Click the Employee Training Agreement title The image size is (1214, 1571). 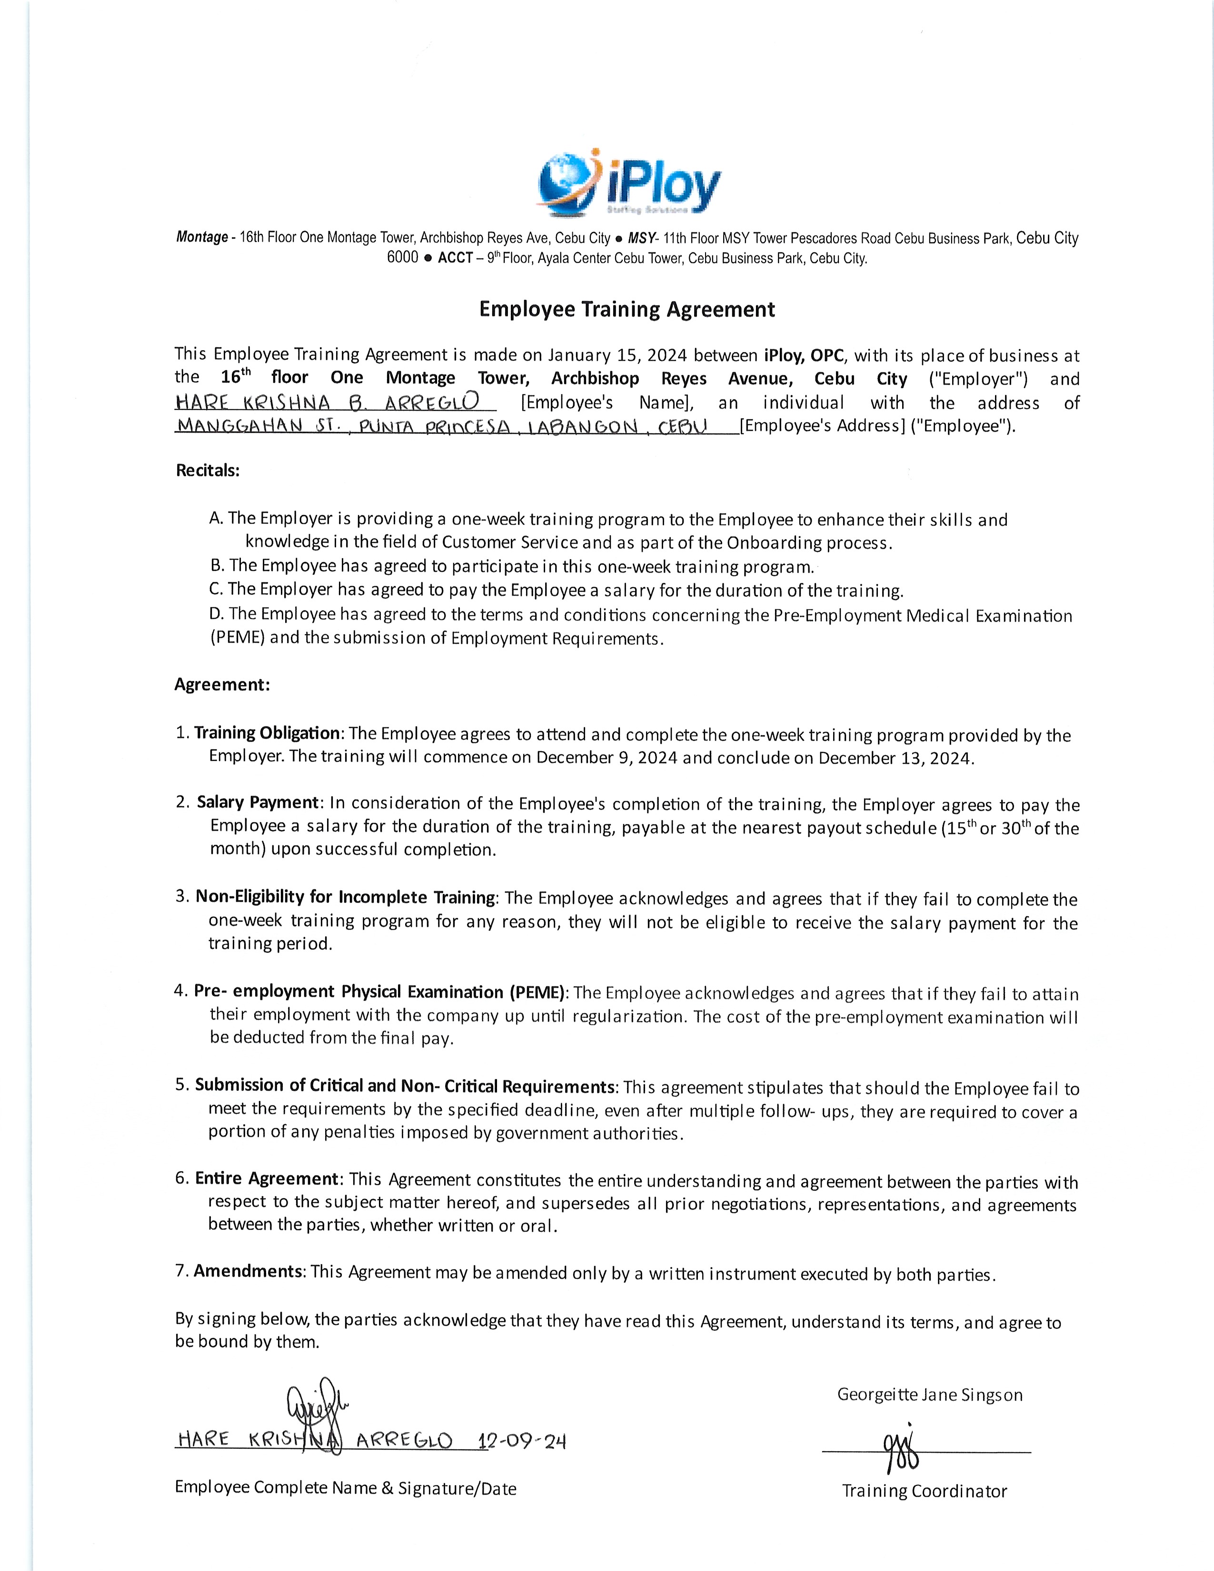tap(627, 309)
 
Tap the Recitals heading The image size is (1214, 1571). tap(208, 470)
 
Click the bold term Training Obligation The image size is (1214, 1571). tap(267, 733)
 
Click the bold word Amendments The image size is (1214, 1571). tap(248, 1271)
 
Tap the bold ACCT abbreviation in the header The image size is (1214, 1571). tap(455, 258)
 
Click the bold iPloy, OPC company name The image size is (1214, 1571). tap(806, 355)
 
